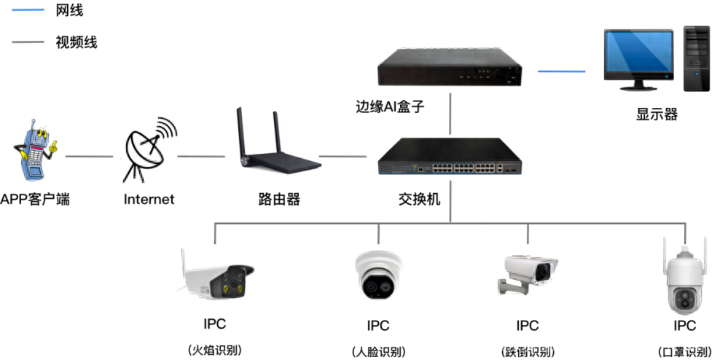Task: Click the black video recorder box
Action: coord(450,68)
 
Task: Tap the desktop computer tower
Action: coord(696,58)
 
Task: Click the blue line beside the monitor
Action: coord(561,71)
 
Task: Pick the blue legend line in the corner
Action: coord(28,10)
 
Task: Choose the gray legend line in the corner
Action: coord(28,42)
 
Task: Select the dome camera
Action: coord(378,275)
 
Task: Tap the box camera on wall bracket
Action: coord(530,273)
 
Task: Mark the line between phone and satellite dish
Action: coord(89,156)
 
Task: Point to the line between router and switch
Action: coord(343,156)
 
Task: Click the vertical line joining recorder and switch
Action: coord(450,112)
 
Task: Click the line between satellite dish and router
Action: coord(201,156)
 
